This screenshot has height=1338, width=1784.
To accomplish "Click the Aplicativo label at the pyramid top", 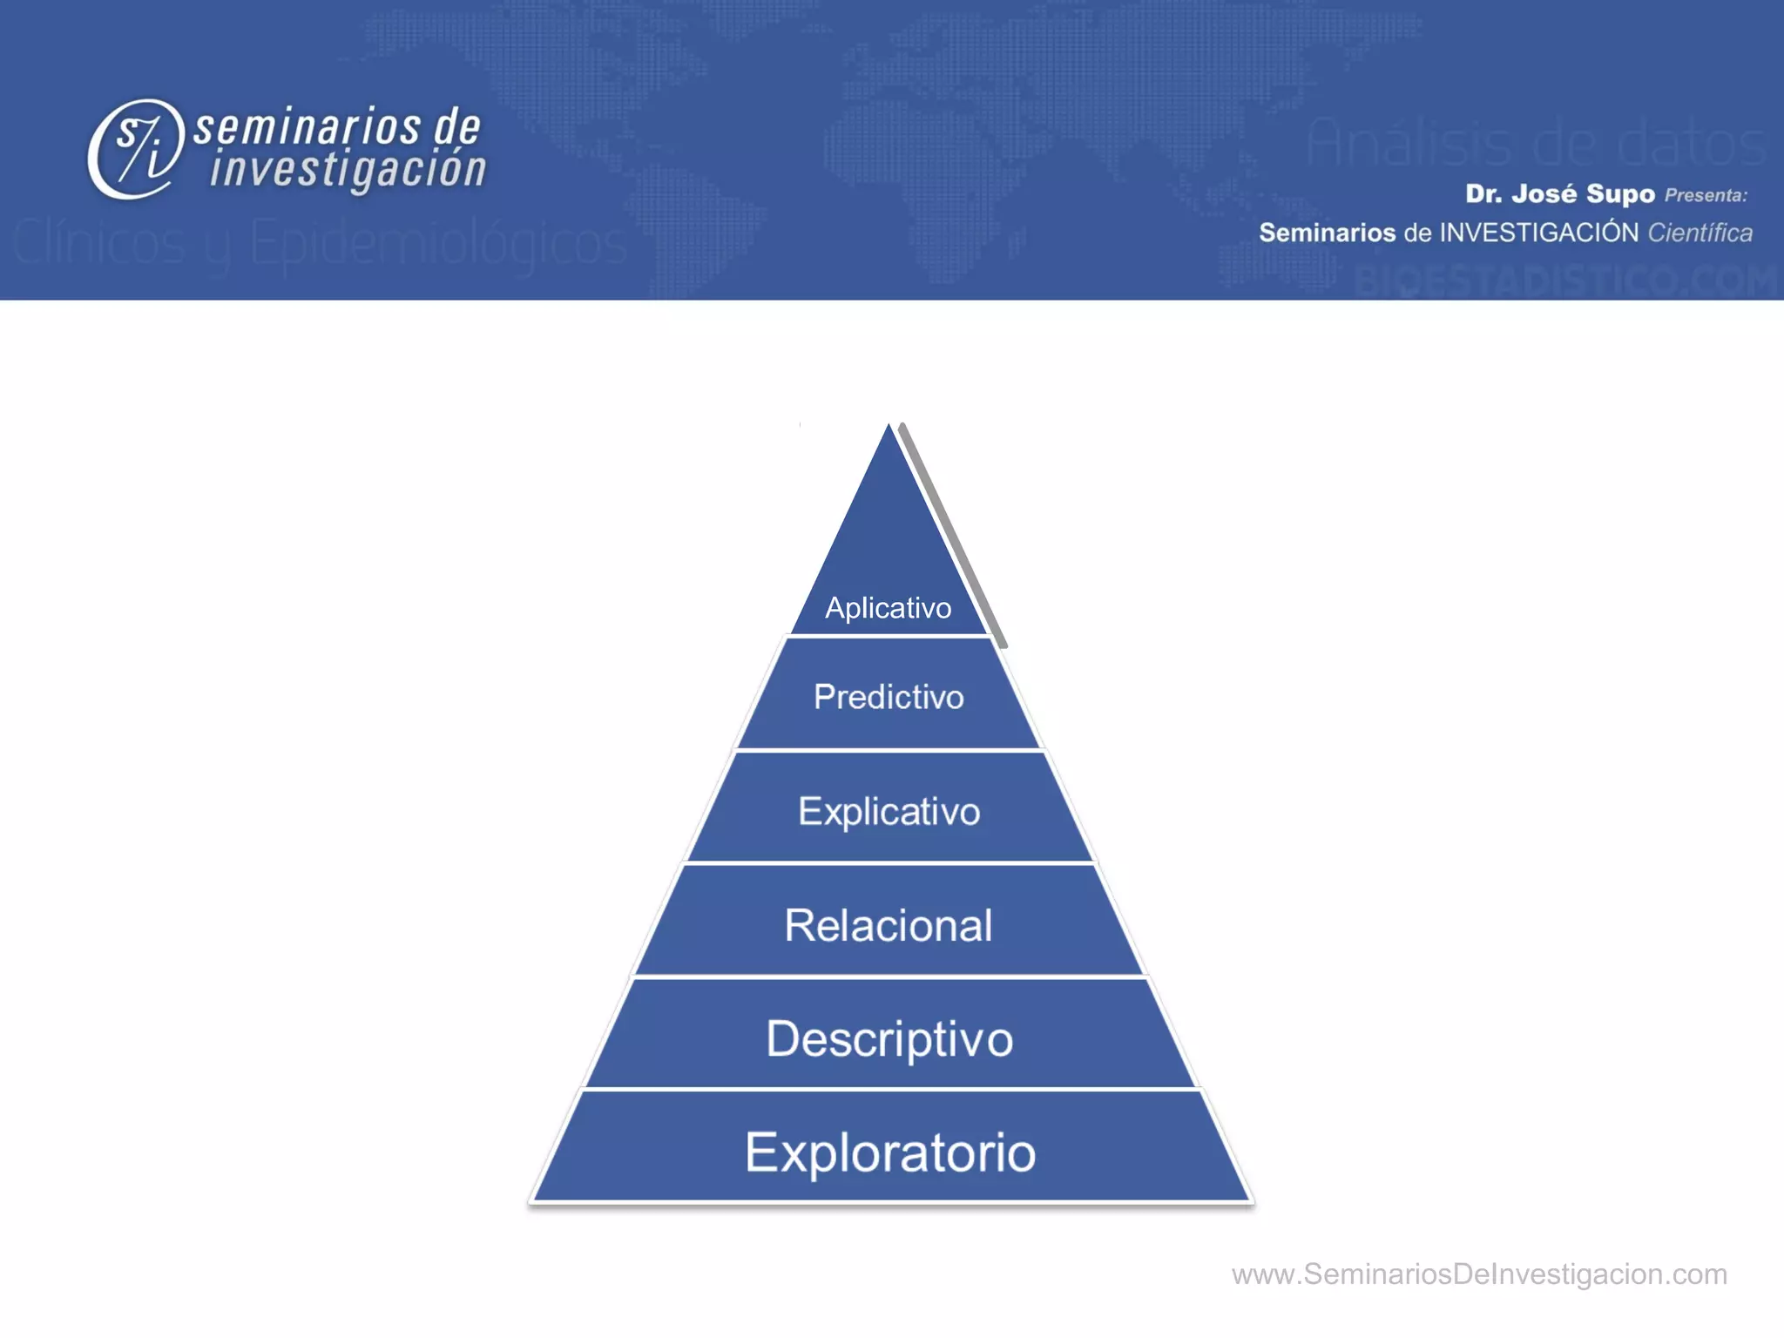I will pos(888,607).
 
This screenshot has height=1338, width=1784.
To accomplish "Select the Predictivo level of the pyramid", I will pos(889,697).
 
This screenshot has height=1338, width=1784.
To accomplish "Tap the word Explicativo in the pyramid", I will pos(889,811).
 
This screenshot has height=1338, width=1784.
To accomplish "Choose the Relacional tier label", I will pos(888,925).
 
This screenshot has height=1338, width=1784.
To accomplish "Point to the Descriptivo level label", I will pos(889,1038).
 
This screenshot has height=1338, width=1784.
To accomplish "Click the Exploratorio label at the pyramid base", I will pos(889,1152).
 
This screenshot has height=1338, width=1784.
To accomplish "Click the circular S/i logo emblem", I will pos(135,149).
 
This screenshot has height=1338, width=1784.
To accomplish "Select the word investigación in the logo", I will pos(348,169).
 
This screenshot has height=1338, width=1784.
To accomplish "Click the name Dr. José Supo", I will pos(1559,193).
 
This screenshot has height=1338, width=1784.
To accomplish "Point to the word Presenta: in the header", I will pos(1706,195).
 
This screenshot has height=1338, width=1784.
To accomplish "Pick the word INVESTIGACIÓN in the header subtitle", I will pos(1539,233).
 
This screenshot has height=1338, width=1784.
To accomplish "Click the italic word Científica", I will pos(1700,233).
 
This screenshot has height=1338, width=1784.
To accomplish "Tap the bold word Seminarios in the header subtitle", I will pos(1327,233).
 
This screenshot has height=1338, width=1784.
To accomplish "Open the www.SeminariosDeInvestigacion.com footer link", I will pos(1478,1274).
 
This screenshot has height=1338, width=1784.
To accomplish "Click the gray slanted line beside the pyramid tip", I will pos(954,536).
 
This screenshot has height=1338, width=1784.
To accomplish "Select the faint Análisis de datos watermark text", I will pos(1535,142).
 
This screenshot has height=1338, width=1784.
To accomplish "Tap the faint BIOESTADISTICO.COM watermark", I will pos(1564,281).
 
